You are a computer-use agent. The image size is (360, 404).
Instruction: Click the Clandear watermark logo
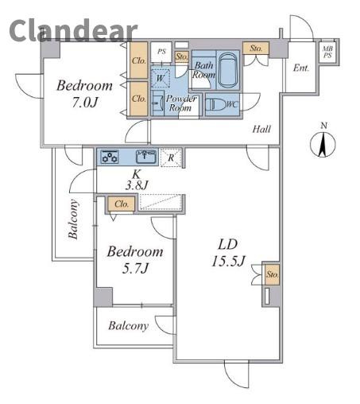(x=73, y=31)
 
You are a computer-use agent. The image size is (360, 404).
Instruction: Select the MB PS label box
(x=327, y=52)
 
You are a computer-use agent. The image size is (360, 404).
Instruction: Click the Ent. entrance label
(x=301, y=68)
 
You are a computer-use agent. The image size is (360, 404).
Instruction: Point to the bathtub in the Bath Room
(x=228, y=70)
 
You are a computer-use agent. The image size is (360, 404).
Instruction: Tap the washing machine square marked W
(x=161, y=78)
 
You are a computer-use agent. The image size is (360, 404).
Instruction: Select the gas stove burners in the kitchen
(x=110, y=157)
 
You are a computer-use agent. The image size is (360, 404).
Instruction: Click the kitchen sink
(x=145, y=157)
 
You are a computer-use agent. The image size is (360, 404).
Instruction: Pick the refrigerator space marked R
(x=171, y=157)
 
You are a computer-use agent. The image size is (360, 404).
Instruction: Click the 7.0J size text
(x=84, y=103)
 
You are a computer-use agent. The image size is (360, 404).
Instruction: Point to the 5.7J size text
(x=134, y=269)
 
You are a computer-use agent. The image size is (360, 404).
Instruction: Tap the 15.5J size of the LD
(x=228, y=261)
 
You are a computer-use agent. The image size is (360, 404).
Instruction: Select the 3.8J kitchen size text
(x=136, y=185)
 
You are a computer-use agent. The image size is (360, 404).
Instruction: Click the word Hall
(x=261, y=129)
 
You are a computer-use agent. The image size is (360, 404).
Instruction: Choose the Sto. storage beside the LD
(x=272, y=274)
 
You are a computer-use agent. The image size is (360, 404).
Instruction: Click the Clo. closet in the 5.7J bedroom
(x=122, y=204)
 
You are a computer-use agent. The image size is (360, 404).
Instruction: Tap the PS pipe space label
(x=161, y=52)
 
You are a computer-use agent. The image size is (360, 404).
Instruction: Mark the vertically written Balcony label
(x=73, y=219)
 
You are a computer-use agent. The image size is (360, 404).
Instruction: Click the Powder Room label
(x=180, y=103)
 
